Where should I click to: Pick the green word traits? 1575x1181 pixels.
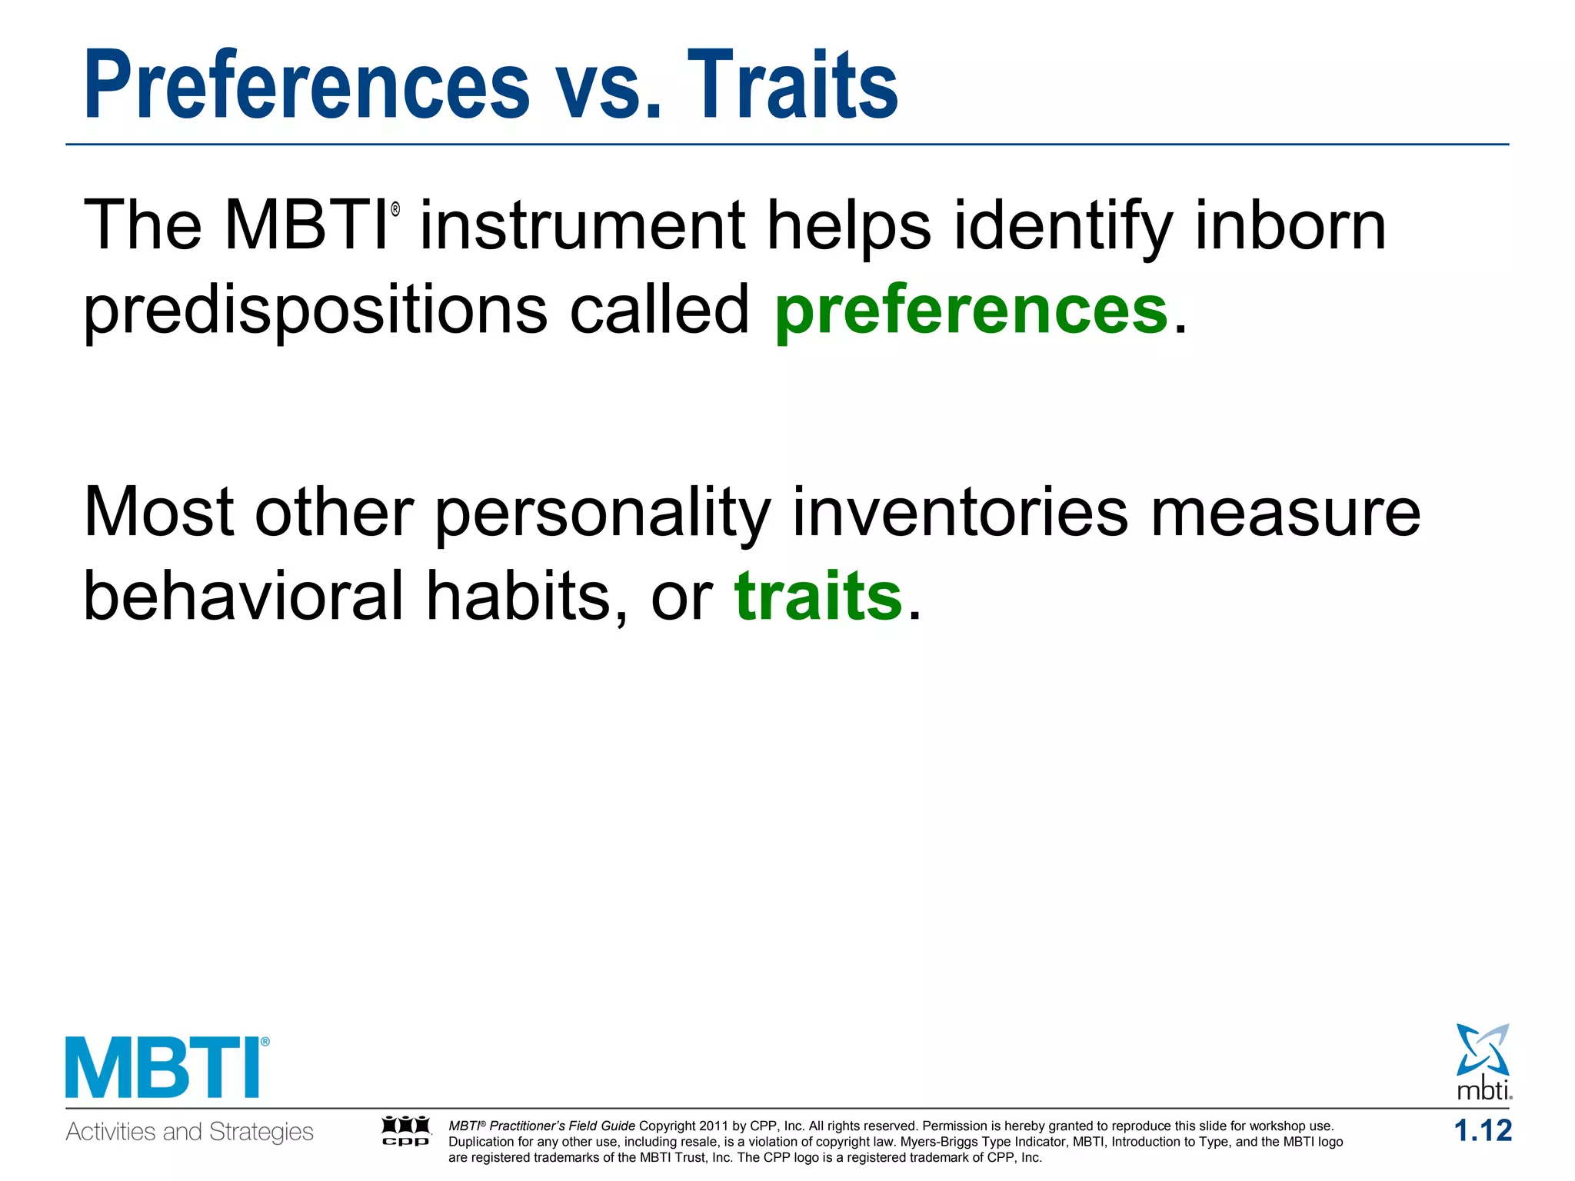(818, 596)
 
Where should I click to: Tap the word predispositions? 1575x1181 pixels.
(315, 311)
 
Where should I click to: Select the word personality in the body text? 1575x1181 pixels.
(603, 514)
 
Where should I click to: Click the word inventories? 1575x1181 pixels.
(960, 512)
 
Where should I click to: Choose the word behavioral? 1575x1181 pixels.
(243, 596)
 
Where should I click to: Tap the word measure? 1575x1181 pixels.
(1285, 514)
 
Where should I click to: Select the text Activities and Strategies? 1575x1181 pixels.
(189, 1132)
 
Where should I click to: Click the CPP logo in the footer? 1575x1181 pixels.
(406, 1131)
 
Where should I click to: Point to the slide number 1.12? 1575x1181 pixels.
(1482, 1131)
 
